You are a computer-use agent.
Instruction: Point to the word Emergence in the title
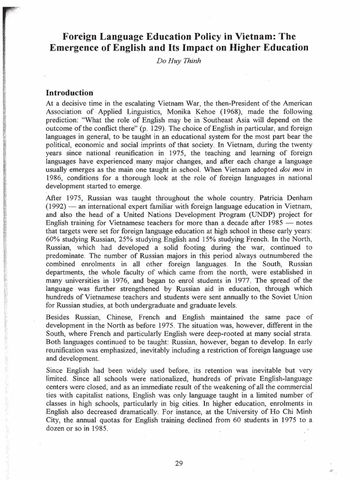80,48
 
